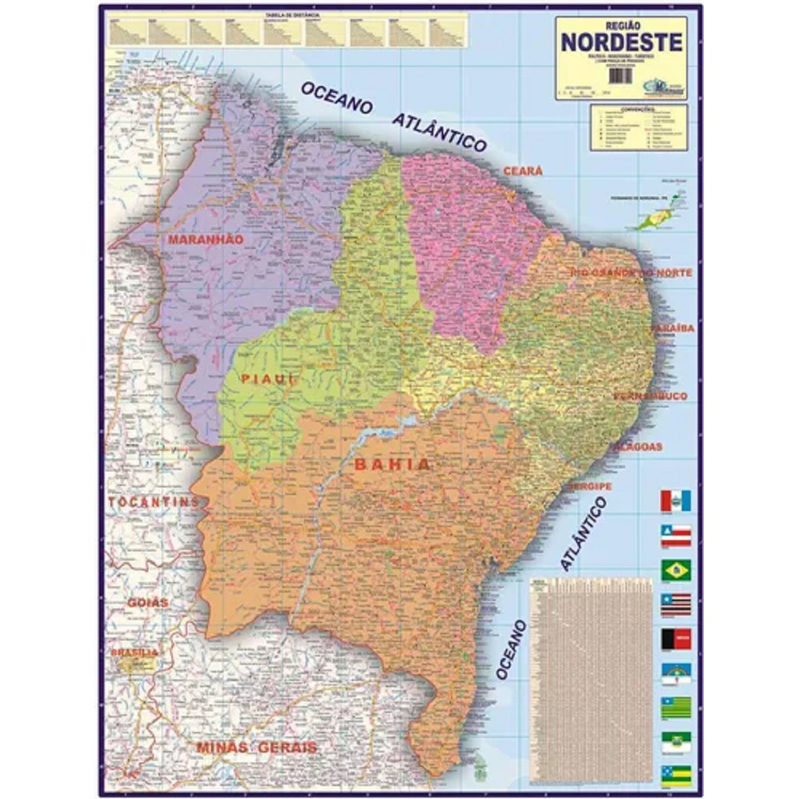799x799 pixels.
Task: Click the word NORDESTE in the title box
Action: pyautogui.click(x=621, y=42)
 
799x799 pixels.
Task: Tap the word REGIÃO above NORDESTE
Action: pyautogui.click(x=622, y=24)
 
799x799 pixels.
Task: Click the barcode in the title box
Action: pyautogui.click(x=620, y=76)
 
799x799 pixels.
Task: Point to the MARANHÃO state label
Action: pyautogui.click(x=206, y=240)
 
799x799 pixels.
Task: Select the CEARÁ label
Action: pyautogui.click(x=523, y=171)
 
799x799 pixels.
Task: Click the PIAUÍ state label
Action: pyautogui.click(x=268, y=379)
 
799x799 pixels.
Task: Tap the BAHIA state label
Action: pyautogui.click(x=392, y=464)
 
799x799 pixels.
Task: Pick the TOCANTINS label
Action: pyautogui.click(x=154, y=502)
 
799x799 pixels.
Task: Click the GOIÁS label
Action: pyautogui.click(x=147, y=602)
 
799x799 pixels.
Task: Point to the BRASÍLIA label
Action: pyautogui.click(x=134, y=652)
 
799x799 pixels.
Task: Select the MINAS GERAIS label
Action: pyautogui.click(x=257, y=747)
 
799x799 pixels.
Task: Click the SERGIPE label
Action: pyautogui.click(x=590, y=486)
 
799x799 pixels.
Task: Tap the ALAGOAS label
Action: pyautogui.click(x=637, y=447)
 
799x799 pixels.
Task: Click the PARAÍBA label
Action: pyautogui.click(x=673, y=328)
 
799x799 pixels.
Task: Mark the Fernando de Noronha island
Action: pyautogui.click(x=655, y=220)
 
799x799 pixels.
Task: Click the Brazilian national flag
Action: pyautogui.click(x=676, y=570)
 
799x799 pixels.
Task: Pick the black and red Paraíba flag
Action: pyautogui.click(x=676, y=639)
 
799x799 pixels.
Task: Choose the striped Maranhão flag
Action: pyautogui.click(x=676, y=605)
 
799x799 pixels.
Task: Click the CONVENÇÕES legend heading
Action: pyautogui.click(x=638, y=108)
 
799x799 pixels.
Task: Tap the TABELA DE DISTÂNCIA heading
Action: pyautogui.click(x=286, y=15)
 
